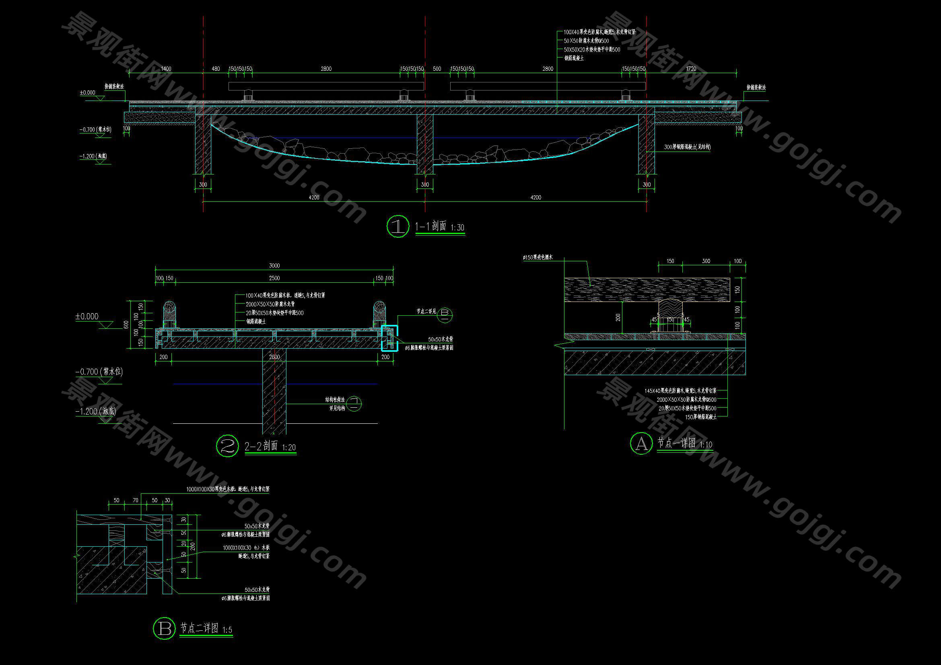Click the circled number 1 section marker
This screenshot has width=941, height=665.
397,226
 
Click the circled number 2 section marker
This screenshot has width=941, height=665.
227,446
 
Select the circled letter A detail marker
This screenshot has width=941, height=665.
641,443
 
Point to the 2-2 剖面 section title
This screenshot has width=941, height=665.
261,446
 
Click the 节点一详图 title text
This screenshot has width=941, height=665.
677,443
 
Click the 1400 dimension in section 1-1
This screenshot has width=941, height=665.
166,69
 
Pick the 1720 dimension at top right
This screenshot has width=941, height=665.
691,69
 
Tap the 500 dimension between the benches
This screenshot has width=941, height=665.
437,69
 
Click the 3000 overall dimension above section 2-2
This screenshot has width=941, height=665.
274,266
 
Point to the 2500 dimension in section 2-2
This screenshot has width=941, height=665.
274,279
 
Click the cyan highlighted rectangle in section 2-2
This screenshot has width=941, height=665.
389,338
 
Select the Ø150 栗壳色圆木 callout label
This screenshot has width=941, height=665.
538,258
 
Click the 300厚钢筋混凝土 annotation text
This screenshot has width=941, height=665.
687,147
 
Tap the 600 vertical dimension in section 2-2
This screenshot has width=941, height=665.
126,324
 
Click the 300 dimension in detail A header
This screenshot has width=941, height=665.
706,261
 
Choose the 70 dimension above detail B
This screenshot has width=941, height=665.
136,501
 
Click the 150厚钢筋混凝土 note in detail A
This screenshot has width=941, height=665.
701,417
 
